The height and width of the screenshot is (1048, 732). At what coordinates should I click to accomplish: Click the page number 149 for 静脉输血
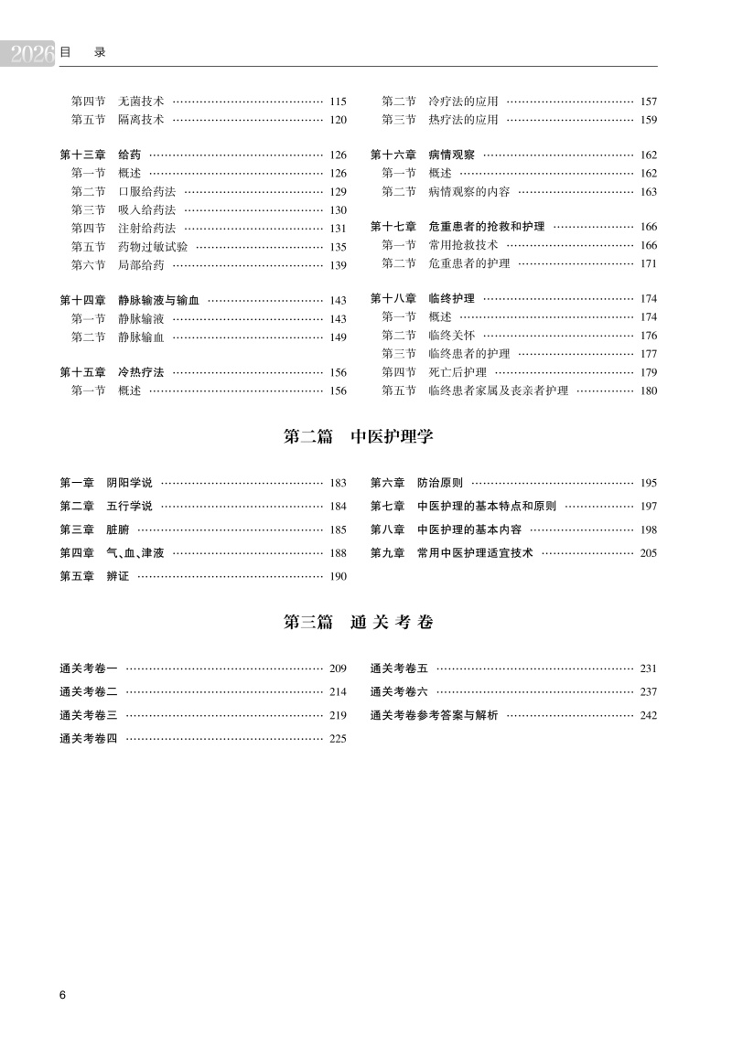(x=338, y=337)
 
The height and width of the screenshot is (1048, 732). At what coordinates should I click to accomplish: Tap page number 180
(x=649, y=390)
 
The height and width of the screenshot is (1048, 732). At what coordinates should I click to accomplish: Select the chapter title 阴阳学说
(x=129, y=482)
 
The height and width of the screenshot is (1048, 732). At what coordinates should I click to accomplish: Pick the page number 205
(x=649, y=553)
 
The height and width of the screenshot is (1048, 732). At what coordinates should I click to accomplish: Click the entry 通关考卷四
(x=89, y=739)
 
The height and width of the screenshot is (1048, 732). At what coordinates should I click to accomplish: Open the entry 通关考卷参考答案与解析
(x=434, y=715)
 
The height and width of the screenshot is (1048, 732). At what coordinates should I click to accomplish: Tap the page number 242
(x=649, y=715)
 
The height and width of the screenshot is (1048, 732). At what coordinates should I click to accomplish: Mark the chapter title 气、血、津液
(x=135, y=553)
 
